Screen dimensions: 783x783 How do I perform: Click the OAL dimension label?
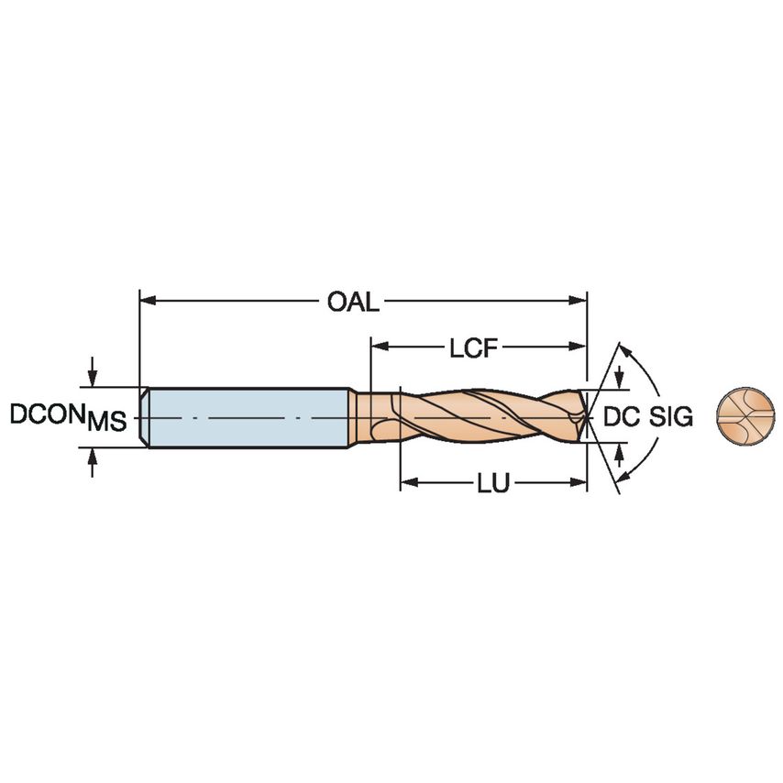[x=353, y=302]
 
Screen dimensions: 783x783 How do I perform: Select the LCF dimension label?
[x=475, y=348]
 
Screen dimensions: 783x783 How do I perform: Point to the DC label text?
[x=621, y=417]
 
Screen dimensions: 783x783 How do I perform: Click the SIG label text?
[x=670, y=417]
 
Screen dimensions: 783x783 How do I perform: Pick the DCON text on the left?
[x=47, y=414]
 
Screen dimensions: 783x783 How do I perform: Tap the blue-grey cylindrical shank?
[x=248, y=418]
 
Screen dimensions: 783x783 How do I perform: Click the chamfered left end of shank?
[x=144, y=418]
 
